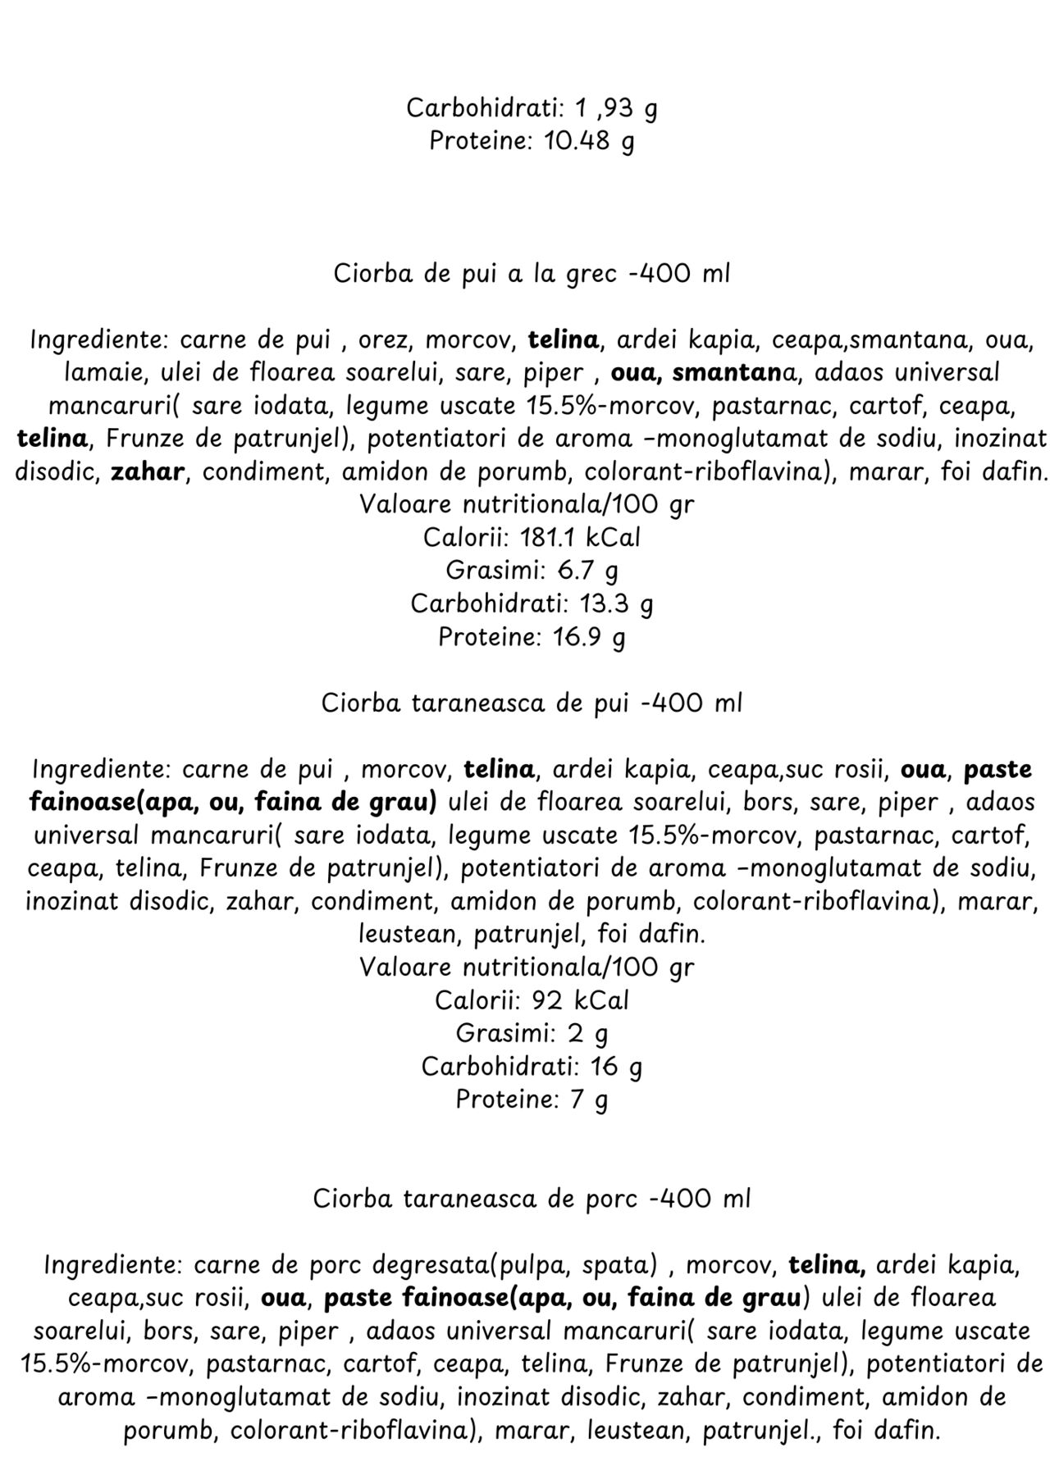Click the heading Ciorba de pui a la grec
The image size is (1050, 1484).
pos(531,274)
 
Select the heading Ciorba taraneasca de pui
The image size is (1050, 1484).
pos(531,703)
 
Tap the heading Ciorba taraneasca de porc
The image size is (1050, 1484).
pos(531,1199)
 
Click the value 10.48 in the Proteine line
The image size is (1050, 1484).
pos(577,141)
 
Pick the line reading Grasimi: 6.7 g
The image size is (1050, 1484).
pos(531,571)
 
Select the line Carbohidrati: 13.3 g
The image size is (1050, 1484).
pos(531,604)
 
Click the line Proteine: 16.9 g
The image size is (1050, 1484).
pos(531,637)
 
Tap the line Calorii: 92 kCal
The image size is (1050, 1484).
pos(531,1000)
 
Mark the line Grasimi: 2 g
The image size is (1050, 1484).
pos(531,1034)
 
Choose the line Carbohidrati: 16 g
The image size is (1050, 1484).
pos(531,1067)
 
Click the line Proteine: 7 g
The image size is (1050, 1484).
pos(531,1099)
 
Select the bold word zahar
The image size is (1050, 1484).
pos(146,472)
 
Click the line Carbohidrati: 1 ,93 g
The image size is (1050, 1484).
pos(531,108)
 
